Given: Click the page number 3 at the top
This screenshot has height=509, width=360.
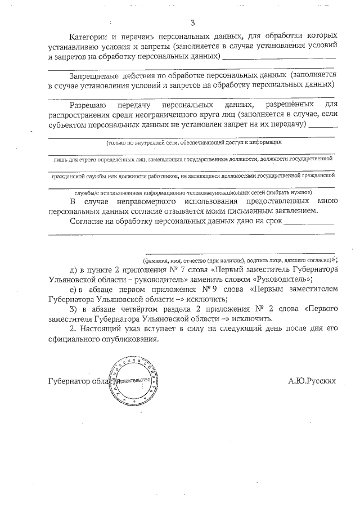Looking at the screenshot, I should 193,23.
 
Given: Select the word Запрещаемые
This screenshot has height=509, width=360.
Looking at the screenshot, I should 92,75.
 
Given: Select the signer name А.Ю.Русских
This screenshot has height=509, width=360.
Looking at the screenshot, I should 312,381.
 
